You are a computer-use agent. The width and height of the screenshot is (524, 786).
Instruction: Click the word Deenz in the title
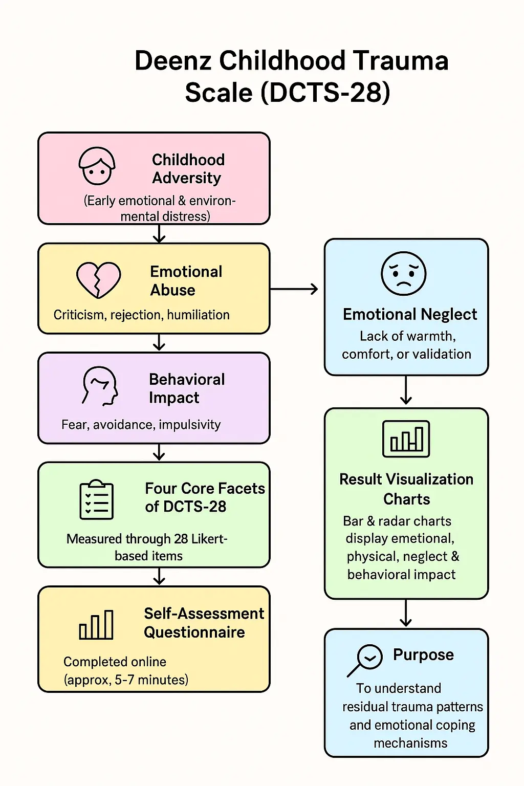173,61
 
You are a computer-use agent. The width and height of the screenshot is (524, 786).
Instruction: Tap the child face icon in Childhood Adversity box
97,166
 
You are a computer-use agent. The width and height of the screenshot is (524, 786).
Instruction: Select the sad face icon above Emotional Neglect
404,273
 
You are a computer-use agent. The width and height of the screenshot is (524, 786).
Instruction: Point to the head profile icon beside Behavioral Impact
100,386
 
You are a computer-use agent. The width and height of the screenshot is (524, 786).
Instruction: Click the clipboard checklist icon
97,500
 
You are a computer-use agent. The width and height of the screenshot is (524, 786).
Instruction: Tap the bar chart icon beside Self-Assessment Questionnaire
96,625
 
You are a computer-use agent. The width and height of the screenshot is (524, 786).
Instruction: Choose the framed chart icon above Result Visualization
406,439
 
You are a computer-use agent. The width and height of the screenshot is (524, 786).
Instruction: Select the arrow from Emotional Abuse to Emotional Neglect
294,290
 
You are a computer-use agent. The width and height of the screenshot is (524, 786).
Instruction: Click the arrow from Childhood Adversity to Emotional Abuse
160,234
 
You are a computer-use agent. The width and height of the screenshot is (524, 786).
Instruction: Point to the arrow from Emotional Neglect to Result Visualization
406,390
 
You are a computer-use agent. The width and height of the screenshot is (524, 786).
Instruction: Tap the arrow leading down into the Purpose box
406,613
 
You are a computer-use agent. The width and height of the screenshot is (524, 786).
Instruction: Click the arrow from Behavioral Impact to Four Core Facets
160,452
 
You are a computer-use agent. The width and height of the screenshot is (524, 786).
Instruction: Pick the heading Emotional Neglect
410,314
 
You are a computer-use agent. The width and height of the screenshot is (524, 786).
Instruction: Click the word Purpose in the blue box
423,655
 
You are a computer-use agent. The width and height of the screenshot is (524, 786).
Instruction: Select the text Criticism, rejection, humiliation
141,315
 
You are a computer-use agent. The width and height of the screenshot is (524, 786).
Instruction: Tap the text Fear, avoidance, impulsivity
141,425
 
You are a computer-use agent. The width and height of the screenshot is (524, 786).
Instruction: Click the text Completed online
115,662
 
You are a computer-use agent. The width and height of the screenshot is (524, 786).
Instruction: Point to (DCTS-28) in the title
325,93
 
